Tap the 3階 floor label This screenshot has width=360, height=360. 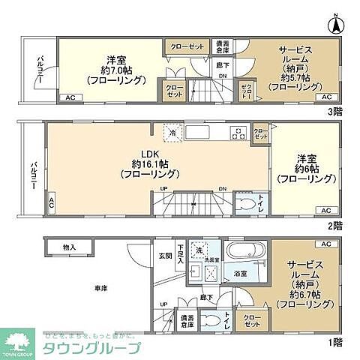coord(334,111)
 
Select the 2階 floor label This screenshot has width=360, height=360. coord(334,224)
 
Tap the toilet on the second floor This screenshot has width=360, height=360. coord(244,202)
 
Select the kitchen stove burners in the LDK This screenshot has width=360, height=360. coord(238,133)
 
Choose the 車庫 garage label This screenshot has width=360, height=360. coord(101,288)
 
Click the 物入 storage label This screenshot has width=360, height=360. coord(69,246)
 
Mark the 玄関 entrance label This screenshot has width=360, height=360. coord(164,256)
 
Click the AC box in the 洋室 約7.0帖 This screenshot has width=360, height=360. coord(69,97)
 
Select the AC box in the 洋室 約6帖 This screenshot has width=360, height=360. coord(325,210)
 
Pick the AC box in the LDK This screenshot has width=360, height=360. coord(51,202)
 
